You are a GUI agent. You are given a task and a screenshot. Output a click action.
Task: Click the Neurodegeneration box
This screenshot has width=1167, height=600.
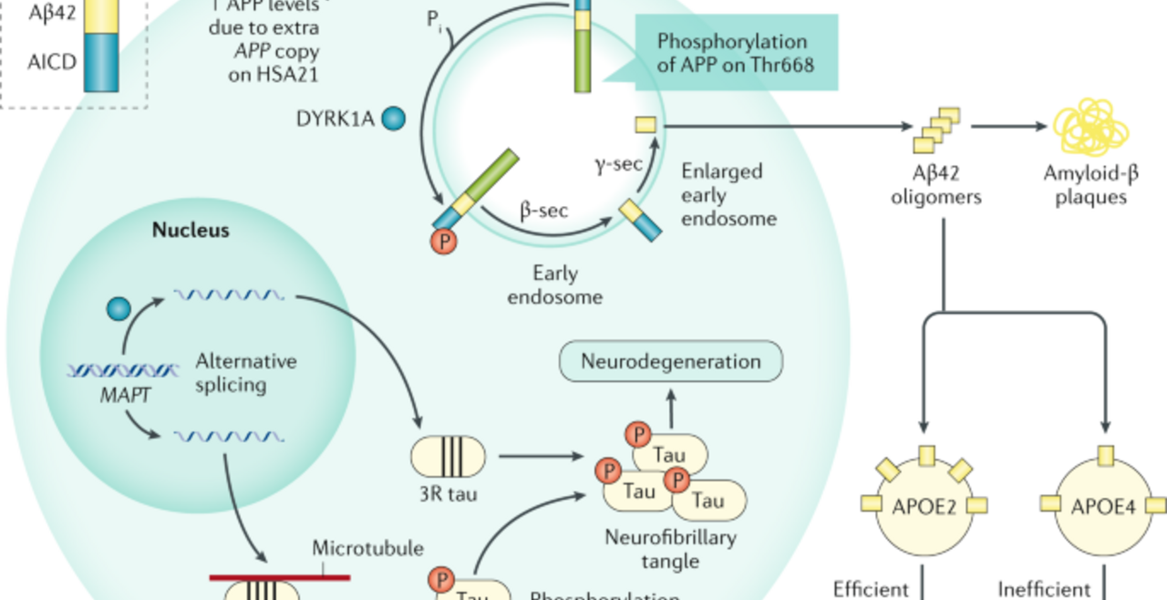click(671, 361)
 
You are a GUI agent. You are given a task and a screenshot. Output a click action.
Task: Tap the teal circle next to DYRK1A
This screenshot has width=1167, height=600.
click(393, 119)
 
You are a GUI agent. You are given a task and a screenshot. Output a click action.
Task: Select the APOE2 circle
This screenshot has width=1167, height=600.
click(924, 505)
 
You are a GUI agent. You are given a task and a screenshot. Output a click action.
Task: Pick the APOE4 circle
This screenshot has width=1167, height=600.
click(1103, 505)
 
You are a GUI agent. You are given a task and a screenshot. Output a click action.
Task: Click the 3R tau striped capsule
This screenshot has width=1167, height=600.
click(449, 456)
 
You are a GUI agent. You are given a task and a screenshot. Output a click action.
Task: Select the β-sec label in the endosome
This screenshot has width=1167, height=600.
click(544, 212)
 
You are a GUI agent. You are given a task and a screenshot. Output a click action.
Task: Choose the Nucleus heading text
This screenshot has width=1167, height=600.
click(191, 230)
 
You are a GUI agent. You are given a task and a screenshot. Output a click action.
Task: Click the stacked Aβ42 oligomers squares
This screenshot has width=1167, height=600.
click(936, 129)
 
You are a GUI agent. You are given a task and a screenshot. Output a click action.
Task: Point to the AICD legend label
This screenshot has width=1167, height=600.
click(51, 64)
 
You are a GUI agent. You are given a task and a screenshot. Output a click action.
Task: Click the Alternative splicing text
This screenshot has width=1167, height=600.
click(246, 372)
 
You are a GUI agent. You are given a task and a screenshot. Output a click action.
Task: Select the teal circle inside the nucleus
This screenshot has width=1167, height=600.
click(119, 308)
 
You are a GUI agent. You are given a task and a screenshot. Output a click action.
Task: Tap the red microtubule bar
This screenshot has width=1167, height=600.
click(279, 576)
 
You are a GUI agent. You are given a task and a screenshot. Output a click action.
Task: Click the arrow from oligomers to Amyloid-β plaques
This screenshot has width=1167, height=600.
click(1008, 127)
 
